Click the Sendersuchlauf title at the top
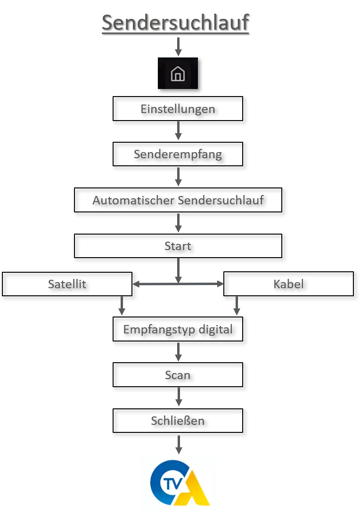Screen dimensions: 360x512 click(x=175, y=23)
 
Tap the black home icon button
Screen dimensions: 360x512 click(x=178, y=73)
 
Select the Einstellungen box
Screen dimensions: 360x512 click(x=178, y=109)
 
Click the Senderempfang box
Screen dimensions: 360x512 click(x=178, y=154)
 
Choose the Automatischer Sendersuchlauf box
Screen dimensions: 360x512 click(x=178, y=200)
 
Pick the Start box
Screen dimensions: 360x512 click(x=178, y=246)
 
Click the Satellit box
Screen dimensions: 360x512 click(x=67, y=284)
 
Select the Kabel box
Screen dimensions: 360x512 click(x=288, y=284)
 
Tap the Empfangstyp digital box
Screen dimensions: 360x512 click(x=178, y=329)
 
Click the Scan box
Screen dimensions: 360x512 click(x=178, y=375)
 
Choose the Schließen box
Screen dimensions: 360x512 click(x=178, y=421)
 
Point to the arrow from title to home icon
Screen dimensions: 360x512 click(x=179, y=47)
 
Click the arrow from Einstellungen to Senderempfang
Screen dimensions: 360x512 click(x=179, y=131)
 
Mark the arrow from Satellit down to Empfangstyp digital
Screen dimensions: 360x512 click(x=122, y=306)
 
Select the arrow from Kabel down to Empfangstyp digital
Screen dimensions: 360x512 click(x=237, y=306)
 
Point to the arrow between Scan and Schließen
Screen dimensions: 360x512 click(x=179, y=397)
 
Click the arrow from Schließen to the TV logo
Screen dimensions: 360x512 click(x=179, y=444)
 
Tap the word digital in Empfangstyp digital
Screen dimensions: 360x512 click(x=216, y=329)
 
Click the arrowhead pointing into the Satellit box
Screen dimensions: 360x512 click(x=136, y=284)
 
